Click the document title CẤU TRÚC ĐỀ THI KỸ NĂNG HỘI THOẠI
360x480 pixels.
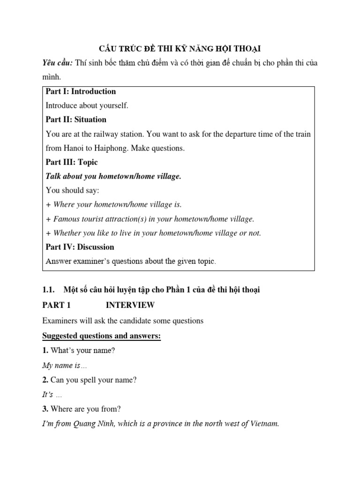tap(180, 49)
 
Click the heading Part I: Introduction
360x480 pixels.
tap(81, 91)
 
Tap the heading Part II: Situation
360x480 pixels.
tap(76, 120)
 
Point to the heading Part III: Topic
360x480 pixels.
tap(72, 162)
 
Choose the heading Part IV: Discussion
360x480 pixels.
tap(80, 247)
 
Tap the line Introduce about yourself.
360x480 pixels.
tap(87, 105)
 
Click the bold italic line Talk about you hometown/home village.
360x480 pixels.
tap(113, 176)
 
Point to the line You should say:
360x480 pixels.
tap(73, 190)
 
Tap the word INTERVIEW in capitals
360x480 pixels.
tap(130, 305)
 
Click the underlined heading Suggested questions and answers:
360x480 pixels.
tap(101, 336)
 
